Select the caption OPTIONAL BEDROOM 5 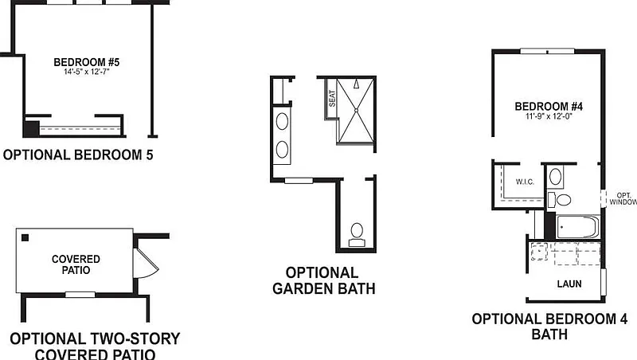point(77,155)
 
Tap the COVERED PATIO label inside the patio point(76,264)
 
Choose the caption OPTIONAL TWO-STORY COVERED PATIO point(95,346)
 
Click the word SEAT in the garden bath point(332,98)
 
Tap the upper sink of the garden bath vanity point(283,122)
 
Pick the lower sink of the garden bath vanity point(283,148)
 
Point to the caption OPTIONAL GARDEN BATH point(323,280)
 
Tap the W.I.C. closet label point(524,182)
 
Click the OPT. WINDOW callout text point(622,198)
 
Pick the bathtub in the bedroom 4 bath point(577,227)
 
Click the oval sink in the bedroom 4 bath point(557,177)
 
